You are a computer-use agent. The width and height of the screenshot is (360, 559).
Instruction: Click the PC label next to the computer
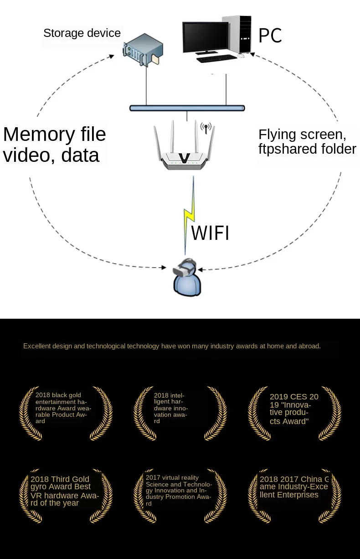pyautogui.click(x=270, y=36)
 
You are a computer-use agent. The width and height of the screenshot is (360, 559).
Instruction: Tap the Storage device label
pyautogui.click(x=82, y=33)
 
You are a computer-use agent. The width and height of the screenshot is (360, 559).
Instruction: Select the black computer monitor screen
pyautogui.click(x=206, y=37)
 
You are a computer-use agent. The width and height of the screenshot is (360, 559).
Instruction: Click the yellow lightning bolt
pyautogui.click(x=189, y=214)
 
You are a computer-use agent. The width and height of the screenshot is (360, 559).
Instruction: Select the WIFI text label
pyautogui.click(x=210, y=233)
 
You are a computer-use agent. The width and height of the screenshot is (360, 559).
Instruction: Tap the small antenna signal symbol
pyautogui.click(x=206, y=128)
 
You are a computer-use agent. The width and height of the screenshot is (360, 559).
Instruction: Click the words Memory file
pyautogui.click(x=54, y=135)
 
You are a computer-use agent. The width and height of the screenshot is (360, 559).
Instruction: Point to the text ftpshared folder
pyautogui.click(x=307, y=149)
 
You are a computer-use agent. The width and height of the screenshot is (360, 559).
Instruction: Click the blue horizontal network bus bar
pyautogui.click(x=187, y=108)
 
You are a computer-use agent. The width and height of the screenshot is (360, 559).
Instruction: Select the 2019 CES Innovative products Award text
pyautogui.click(x=294, y=409)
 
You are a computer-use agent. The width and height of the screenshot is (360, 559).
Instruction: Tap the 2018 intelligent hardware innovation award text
pyautogui.click(x=171, y=408)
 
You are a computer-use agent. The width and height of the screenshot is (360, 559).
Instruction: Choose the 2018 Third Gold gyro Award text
pyautogui.click(x=64, y=491)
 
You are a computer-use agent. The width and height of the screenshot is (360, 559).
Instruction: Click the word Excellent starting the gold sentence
pyautogui.click(x=37, y=346)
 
